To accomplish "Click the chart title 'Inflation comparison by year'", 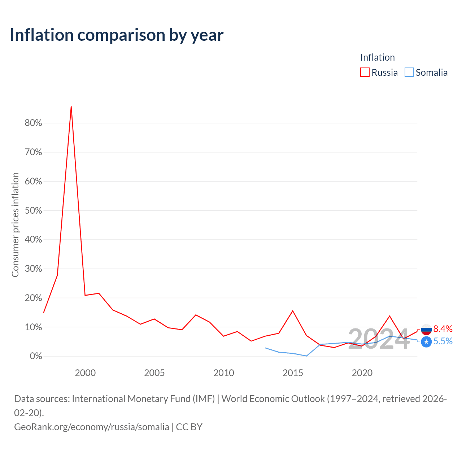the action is tap(117, 35).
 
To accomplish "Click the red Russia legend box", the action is tap(365, 72).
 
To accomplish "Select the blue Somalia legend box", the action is tap(409, 72).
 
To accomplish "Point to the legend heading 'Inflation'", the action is tap(378, 57).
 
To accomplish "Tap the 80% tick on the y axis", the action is tap(33, 123).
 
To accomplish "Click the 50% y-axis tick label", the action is tap(33, 210).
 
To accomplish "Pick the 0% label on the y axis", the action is tap(36, 356).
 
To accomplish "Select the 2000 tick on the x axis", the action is tap(85, 373).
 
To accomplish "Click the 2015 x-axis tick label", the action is tap(293, 373).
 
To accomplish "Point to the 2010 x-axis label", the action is tap(224, 373).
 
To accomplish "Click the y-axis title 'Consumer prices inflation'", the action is tap(15, 225).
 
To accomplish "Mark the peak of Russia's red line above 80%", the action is tap(71, 106).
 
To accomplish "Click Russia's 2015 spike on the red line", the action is tap(293, 311).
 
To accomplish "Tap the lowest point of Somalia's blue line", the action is tap(306, 356).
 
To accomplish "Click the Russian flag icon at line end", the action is tap(426, 330).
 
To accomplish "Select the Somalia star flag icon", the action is tap(426, 342).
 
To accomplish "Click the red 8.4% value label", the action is tap(443, 329).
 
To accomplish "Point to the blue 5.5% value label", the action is tap(443, 341).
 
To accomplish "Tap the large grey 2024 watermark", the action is tap(379, 339).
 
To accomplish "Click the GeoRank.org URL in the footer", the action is tap(92, 427).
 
